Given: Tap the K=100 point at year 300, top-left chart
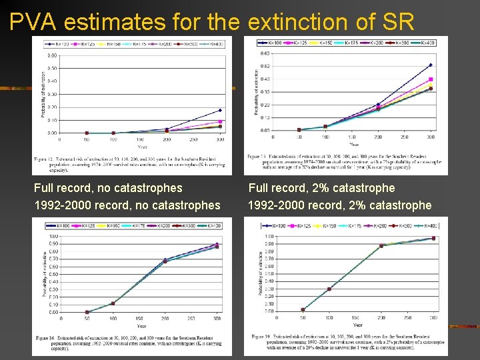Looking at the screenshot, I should [220, 110].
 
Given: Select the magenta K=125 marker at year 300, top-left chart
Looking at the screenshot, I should [220, 121].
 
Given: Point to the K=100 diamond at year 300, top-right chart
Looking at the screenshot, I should [431, 65].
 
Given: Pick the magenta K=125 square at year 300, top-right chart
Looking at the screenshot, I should [431, 79].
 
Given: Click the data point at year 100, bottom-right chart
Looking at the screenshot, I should [329, 289].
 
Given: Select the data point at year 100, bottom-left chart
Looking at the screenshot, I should [112, 303].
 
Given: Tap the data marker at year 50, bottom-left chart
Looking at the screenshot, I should [86, 311].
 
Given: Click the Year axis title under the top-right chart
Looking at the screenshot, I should [353, 143].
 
